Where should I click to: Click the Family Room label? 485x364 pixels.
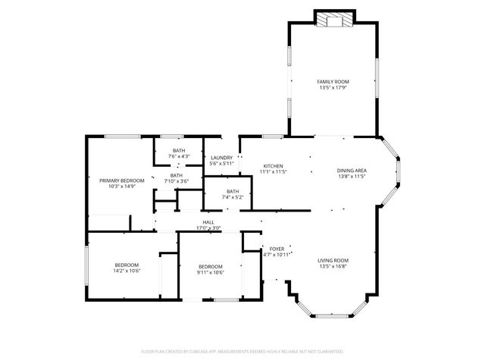[x=333, y=80]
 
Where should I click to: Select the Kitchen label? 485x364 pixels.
[x=273, y=166]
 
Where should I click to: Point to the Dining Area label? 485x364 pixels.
[x=352, y=171]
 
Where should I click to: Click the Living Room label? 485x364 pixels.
[x=333, y=260]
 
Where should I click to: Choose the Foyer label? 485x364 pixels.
[x=277, y=248]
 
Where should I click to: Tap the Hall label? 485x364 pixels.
[x=208, y=222]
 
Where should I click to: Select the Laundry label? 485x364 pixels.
[x=221, y=158]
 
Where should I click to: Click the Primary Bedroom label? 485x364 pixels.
[x=121, y=180]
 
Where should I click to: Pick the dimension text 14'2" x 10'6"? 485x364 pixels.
[x=127, y=271]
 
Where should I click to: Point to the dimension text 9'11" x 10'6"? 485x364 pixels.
[x=211, y=272]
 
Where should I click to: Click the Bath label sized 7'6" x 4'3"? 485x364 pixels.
[x=179, y=150]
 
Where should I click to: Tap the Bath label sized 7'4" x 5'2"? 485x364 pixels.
[x=233, y=191]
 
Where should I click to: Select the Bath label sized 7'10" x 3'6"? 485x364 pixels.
[x=177, y=175]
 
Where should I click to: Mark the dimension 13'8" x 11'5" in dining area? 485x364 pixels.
[x=352, y=177]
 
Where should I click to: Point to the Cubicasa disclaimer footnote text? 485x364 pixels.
[x=242, y=352]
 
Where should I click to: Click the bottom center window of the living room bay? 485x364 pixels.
[x=330, y=315]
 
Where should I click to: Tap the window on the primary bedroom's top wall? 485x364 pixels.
[x=121, y=136]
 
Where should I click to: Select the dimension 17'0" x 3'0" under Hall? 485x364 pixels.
[x=208, y=228]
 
